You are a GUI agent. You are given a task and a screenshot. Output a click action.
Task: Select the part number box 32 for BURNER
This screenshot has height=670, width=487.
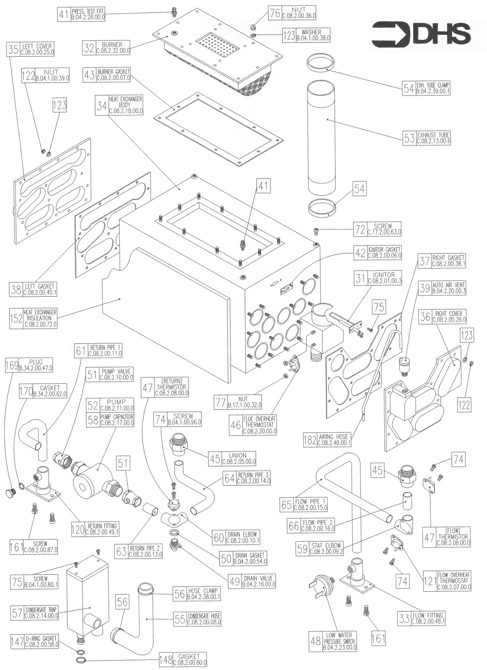pyautogui.click(x=89, y=48)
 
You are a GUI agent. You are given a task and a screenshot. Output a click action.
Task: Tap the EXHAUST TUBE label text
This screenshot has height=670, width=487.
pyautogui.click(x=433, y=138)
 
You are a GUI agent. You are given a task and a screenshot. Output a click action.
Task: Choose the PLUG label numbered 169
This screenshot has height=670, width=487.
pyautogui.click(x=36, y=364)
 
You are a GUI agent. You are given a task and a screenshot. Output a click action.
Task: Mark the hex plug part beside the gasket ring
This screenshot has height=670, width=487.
pyautogui.click(x=10, y=493)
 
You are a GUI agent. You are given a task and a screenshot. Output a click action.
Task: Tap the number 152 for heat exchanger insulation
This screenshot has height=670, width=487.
pyautogui.click(x=16, y=319)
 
